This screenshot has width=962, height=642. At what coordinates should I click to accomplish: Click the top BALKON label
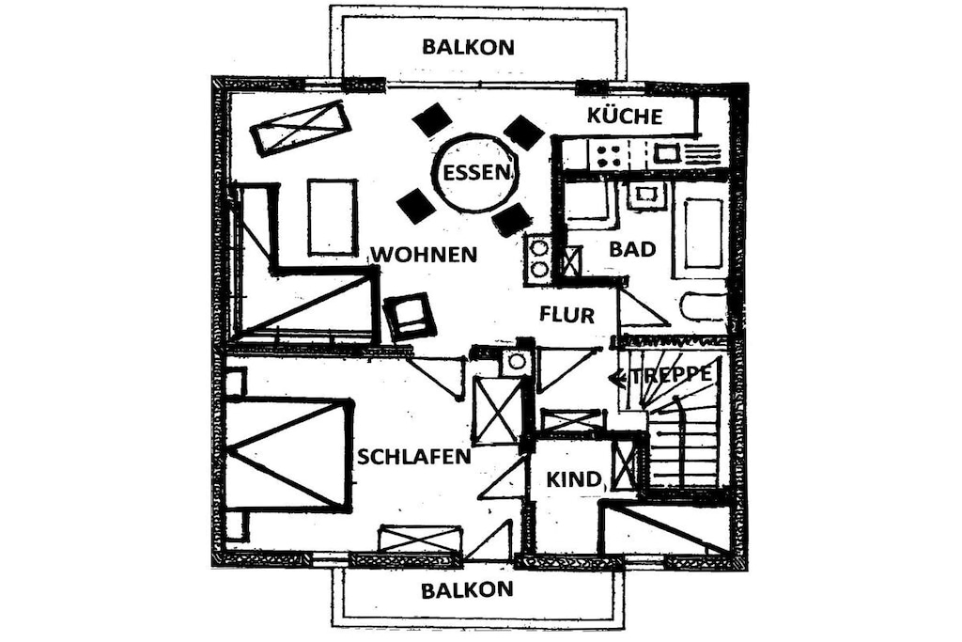pyautogui.click(x=468, y=47)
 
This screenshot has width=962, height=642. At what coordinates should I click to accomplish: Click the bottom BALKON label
pyautogui.click(x=467, y=590)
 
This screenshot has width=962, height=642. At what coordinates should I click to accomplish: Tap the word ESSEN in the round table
pyautogui.click(x=476, y=172)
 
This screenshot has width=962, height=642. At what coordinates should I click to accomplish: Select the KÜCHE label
pyautogui.click(x=625, y=116)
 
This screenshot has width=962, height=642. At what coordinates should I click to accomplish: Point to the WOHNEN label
pyautogui.click(x=425, y=254)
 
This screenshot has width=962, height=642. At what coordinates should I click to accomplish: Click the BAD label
pyautogui.click(x=632, y=249)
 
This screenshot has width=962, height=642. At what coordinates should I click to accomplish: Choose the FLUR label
pyautogui.click(x=566, y=315)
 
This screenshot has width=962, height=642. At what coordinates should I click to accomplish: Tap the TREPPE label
pyautogui.click(x=671, y=374)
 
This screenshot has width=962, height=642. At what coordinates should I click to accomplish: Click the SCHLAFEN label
pyautogui.click(x=414, y=456)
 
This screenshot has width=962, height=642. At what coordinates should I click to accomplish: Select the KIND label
pyautogui.click(x=573, y=478)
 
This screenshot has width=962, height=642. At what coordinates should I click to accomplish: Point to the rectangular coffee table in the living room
pyautogui.click(x=332, y=217)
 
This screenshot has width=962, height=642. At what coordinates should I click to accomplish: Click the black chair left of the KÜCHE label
pyautogui.click(x=522, y=133)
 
